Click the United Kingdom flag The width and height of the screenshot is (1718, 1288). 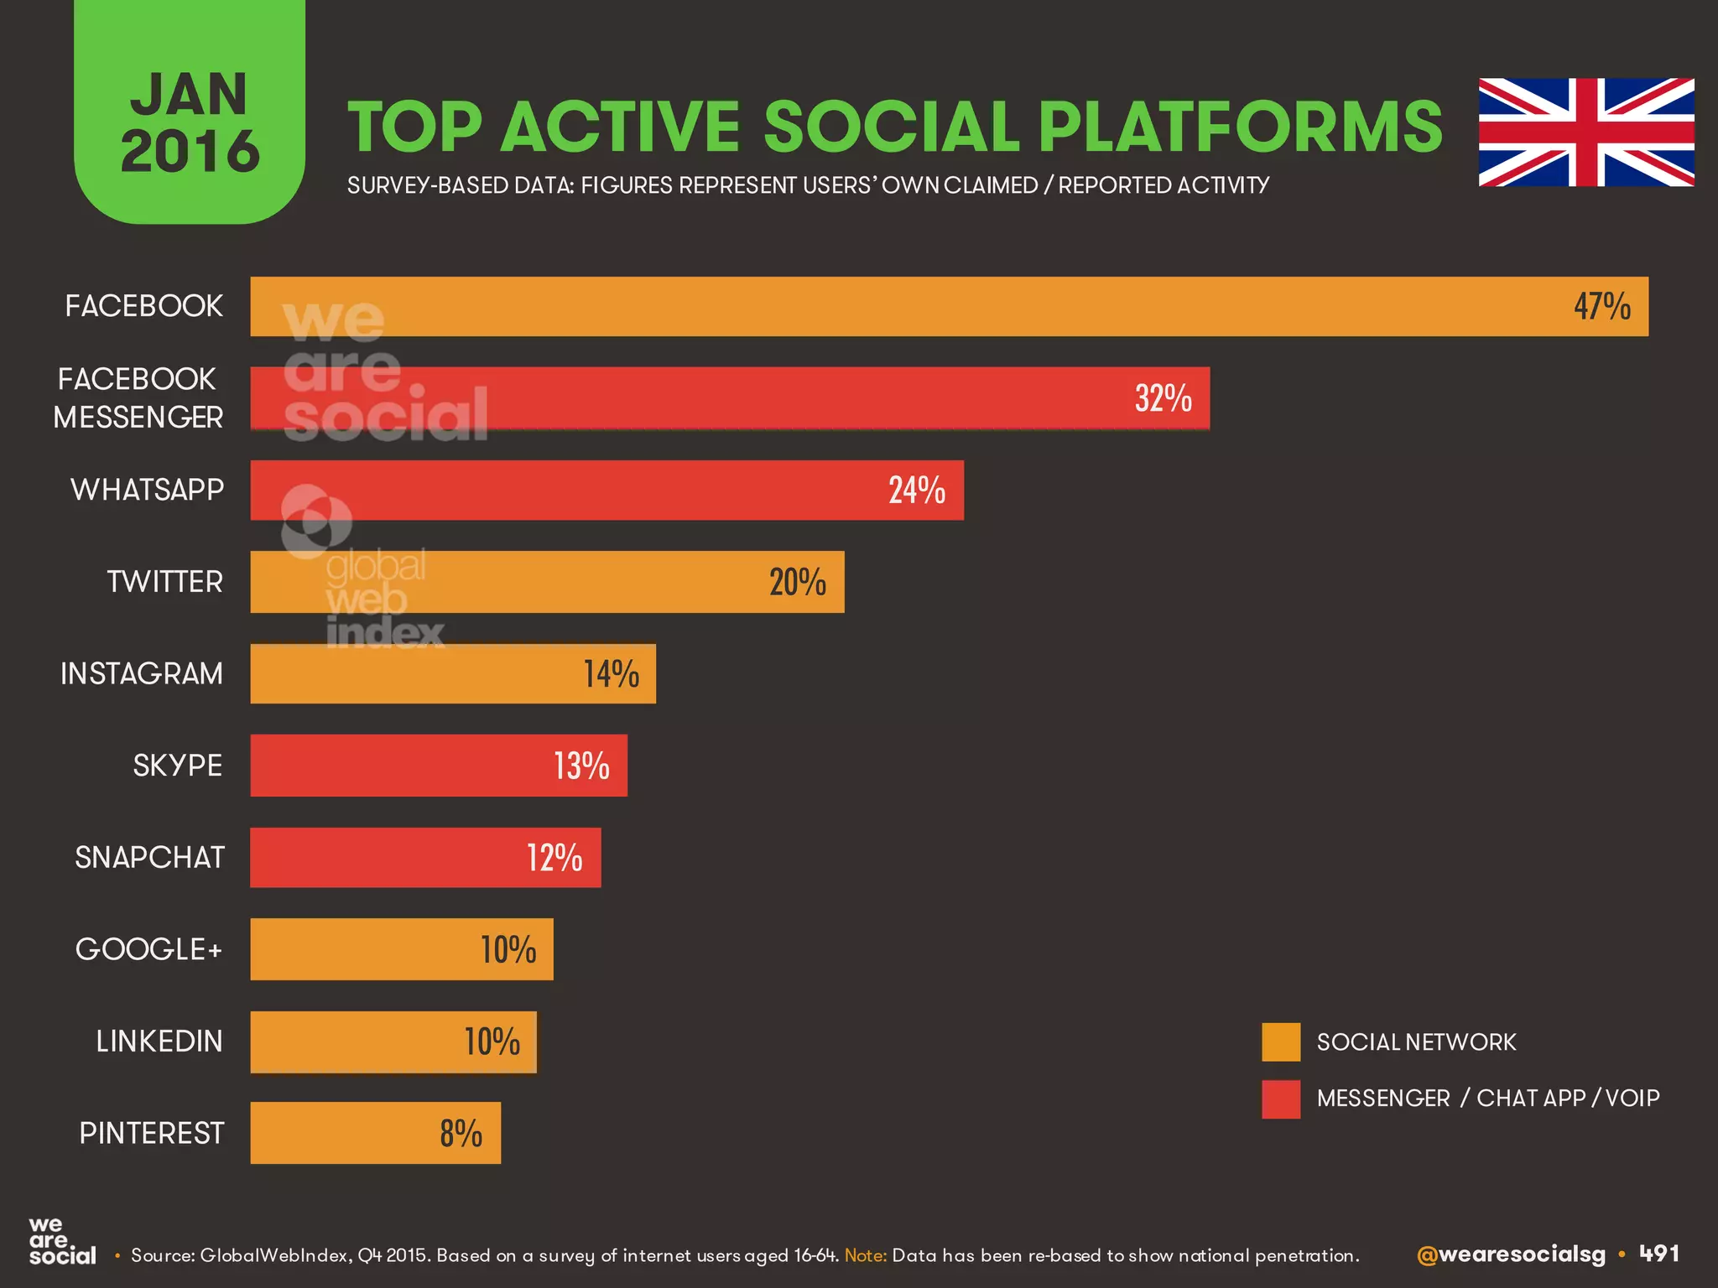[1585, 132]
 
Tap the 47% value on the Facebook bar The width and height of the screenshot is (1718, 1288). [1601, 307]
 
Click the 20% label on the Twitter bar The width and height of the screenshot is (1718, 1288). [797, 582]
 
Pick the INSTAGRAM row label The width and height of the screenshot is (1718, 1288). [142, 673]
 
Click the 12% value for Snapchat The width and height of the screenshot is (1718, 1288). [554, 858]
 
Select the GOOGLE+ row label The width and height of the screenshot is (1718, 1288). [148, 949]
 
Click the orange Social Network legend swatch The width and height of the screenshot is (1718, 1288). [1281, 1041]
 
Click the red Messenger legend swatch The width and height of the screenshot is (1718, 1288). [1281, 1098]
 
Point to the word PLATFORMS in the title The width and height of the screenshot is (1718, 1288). [1240, 127]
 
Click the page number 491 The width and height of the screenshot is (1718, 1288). [1659, 1254]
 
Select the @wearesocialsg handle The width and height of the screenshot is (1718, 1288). [1510, 1254]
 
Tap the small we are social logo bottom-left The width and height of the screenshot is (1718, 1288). [61, 1242]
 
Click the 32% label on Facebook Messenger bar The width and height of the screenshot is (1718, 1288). [1163, 398]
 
